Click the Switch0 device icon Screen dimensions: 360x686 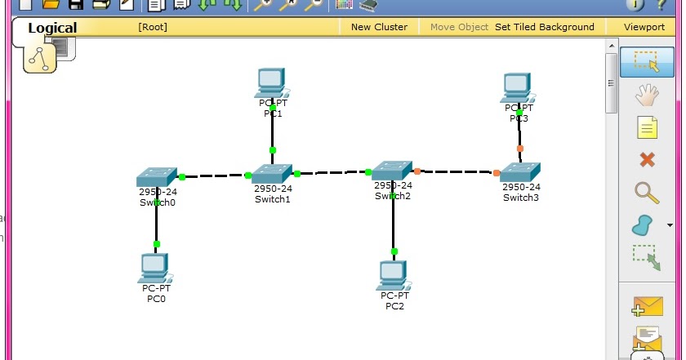tap(157, 177)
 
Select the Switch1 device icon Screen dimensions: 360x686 tap(272, 173)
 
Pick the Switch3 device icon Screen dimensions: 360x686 tap(520, 172)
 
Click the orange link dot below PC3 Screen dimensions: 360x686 tap(520, 149)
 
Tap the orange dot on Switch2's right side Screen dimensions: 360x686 tap(417, 171)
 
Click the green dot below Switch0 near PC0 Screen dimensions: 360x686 tap(157, 243)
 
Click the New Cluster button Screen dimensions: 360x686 tap(379, 27)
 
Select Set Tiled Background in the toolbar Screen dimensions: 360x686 tap(545, 27)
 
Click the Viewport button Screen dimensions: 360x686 tap(644, 27)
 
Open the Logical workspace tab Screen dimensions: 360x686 tap(52, 28)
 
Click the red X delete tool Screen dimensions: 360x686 tap(647, 160)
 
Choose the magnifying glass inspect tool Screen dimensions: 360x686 tap(647, 193)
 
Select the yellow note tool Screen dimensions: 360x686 tap(647, 128)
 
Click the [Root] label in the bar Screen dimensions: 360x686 tap(153, 27)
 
